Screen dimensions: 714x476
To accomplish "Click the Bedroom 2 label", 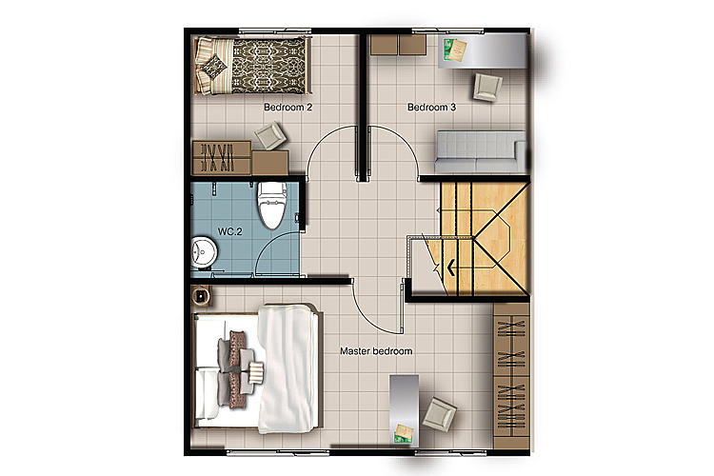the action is tap(288, 108).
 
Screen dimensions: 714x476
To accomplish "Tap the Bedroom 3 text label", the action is tap(431, 108).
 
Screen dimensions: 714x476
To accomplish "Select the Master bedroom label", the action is tap(376, 351).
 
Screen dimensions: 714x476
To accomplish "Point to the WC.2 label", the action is tap(230, 231).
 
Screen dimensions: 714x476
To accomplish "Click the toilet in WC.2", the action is tap(272, 205).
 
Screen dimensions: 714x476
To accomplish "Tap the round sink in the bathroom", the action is tap(203, 252).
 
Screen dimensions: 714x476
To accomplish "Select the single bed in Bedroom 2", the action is tap(252, 66).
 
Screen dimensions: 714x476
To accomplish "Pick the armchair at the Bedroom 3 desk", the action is tap(487, 87).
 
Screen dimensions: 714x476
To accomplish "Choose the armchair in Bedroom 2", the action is tap(270, 136).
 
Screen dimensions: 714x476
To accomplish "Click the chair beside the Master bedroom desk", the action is tap(439, 414).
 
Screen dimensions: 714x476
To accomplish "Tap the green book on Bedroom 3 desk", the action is tap(455, 50).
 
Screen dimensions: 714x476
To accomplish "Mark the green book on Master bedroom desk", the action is tap(403, 434).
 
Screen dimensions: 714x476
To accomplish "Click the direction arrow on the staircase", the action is tap(451, 268).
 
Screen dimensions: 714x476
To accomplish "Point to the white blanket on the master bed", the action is tap(287, 368).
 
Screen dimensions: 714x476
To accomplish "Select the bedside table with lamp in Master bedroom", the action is tap(201, 296).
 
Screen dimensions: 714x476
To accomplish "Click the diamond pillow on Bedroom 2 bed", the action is tap(213, 67).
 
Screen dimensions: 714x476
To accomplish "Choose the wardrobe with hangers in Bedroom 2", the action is tap(222, 158).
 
